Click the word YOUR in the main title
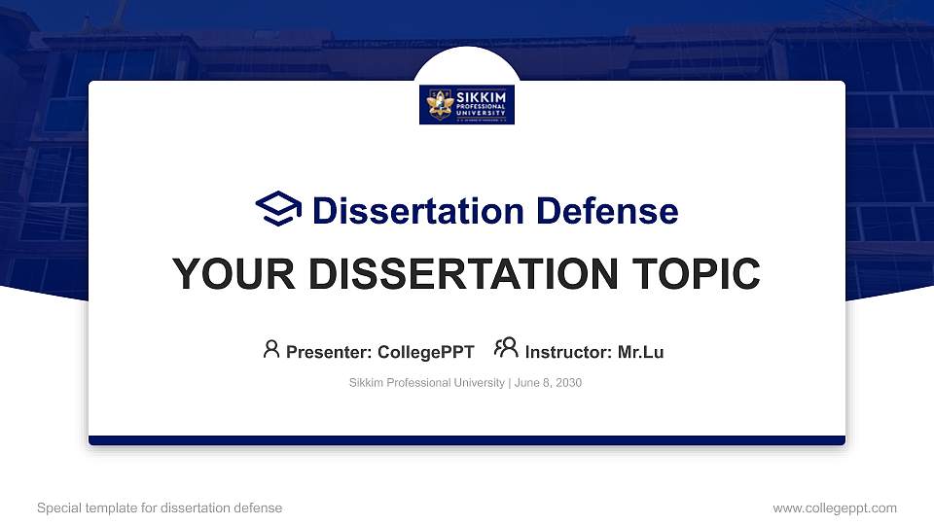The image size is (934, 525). point(223,275)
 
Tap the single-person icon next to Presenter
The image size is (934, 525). point(271,349)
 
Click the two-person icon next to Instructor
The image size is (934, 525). point(506,349)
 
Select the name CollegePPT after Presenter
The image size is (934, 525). point(425,352)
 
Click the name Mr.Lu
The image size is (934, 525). point(640,352)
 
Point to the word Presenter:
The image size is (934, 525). point(328,352)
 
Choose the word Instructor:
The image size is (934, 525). point(569,352)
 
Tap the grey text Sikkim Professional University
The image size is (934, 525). point(426,383)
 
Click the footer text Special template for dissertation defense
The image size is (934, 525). point(160,507)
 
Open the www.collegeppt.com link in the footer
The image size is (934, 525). point(835,507)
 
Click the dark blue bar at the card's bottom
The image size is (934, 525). point(467,440)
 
